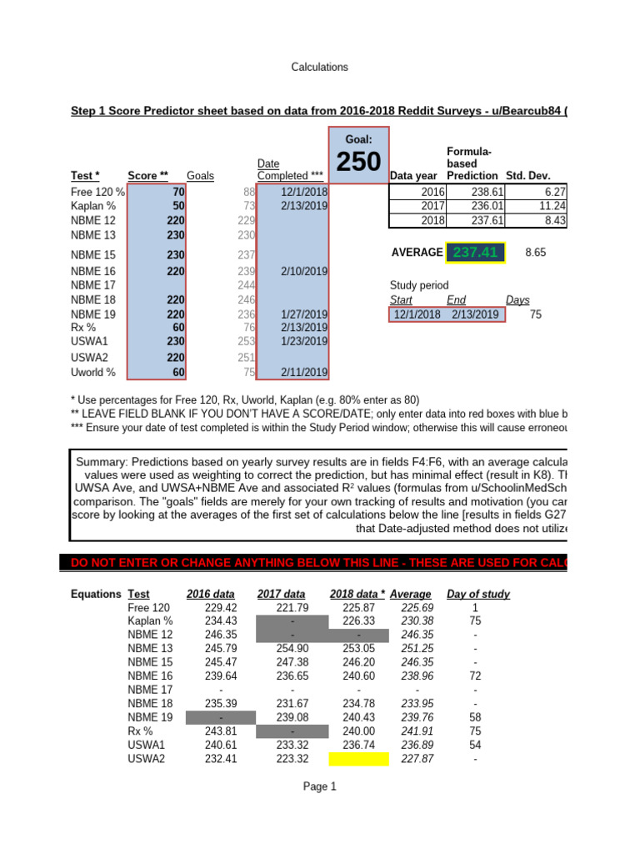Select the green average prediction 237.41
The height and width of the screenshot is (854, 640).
[x=476, y=252]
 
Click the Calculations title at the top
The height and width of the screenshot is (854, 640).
[x=319, y=67]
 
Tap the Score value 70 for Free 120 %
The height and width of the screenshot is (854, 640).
[x=178, y=192]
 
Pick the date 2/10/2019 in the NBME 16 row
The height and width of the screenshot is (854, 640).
[x=303, y=271]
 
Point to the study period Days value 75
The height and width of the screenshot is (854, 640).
[x=535, y=314]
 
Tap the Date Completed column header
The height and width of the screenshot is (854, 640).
[x=290, y=170]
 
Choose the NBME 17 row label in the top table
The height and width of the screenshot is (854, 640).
[x=93, y=285]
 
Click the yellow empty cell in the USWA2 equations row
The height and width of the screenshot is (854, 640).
[x=357, y=759]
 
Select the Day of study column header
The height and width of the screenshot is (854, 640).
[x=478, y=595]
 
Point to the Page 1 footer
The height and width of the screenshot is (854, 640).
[x=319, y=786]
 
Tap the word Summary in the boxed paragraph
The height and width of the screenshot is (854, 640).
[x=102, y=462]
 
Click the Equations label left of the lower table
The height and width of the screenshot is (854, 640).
[x=96, y=595]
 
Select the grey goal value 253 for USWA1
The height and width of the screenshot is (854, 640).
[x=244, y=341]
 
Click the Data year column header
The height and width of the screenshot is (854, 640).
[x=413, y=176]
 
